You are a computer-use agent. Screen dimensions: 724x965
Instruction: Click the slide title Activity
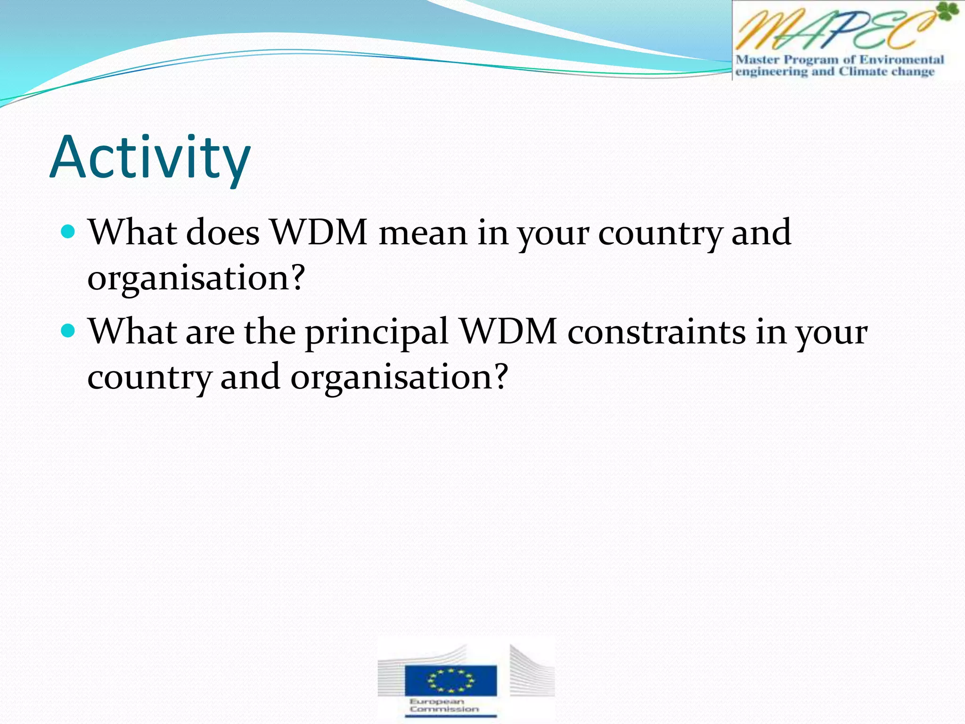coord(150,157)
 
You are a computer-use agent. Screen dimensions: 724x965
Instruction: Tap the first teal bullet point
coord(68,232)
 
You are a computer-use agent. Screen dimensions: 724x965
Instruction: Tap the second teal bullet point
coord(68,331)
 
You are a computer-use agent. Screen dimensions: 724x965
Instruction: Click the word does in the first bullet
coord(222,233)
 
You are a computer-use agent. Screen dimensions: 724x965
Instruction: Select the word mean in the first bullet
coord(423,233)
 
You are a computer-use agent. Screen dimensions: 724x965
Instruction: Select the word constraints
coord(656,332)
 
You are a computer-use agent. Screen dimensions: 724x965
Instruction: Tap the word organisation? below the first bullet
coord(196,278)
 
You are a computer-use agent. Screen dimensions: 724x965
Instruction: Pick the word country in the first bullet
coord(660,234)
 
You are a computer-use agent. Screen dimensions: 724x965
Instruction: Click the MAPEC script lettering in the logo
coord(834,29)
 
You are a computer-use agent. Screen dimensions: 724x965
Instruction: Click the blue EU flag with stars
coord(450,680)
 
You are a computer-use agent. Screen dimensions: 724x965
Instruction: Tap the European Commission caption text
coord(444,705)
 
